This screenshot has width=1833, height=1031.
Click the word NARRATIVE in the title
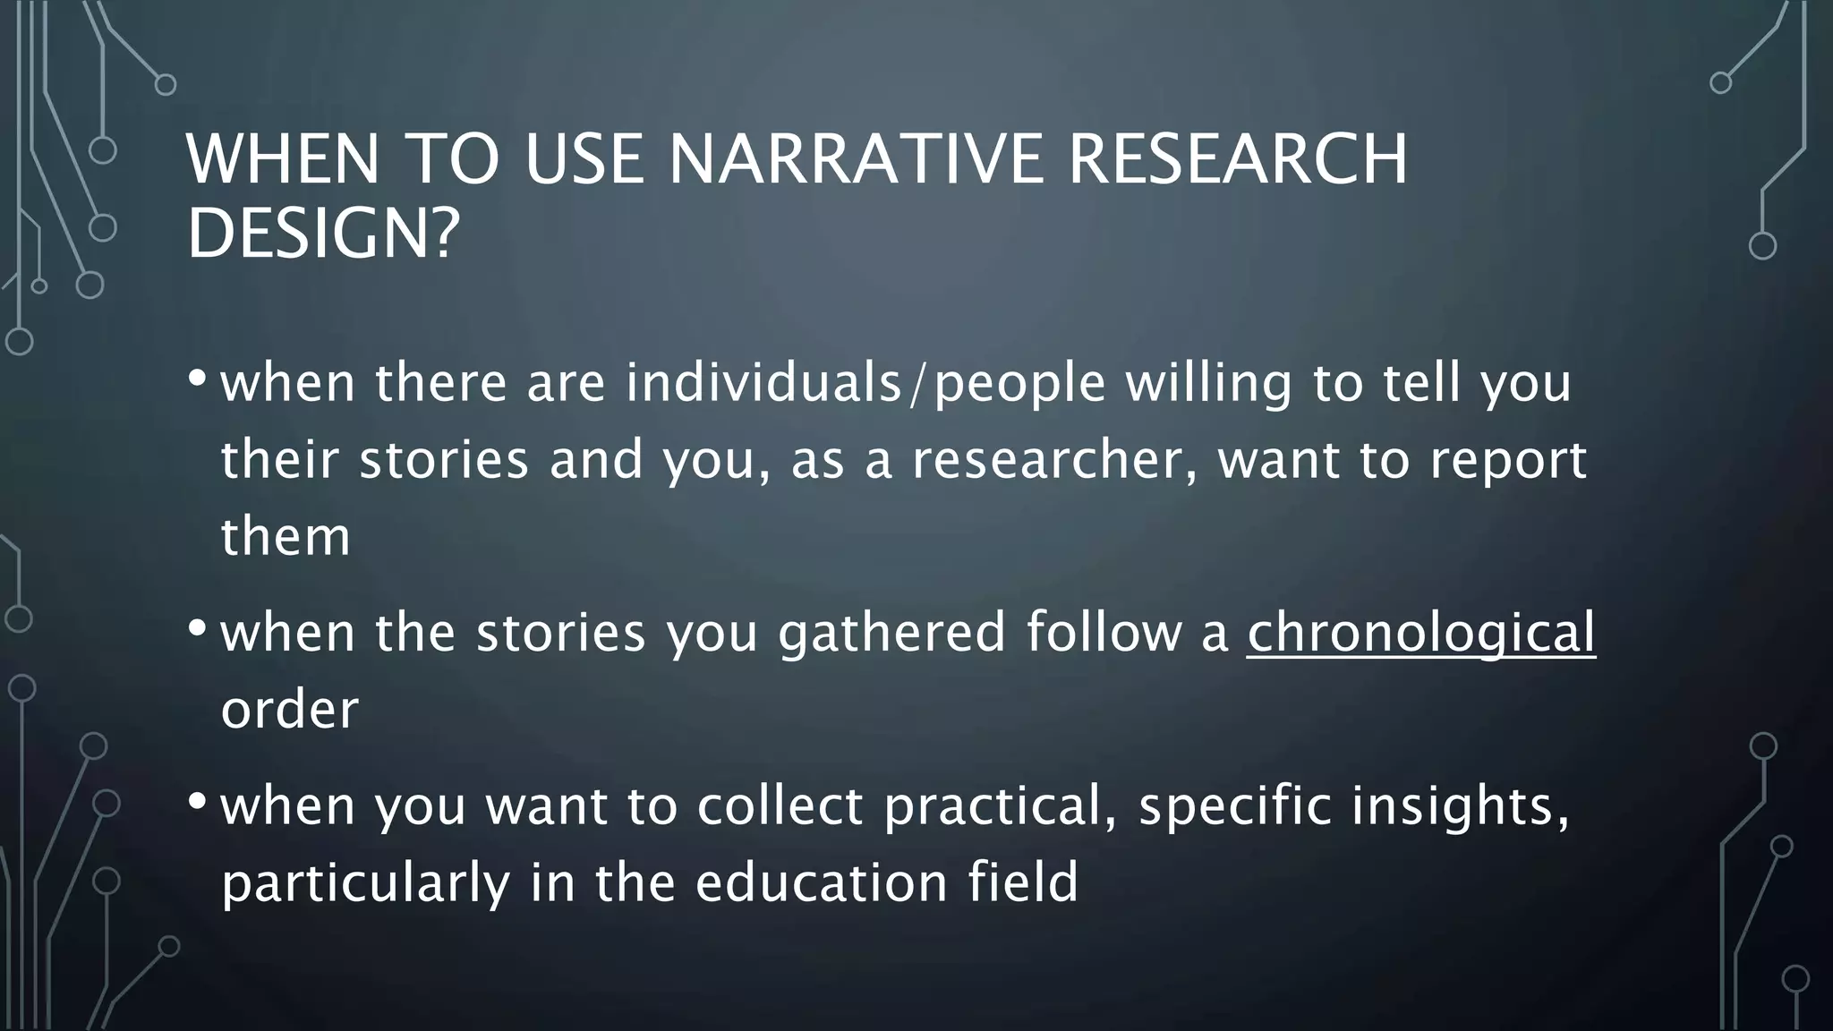pos(856,159)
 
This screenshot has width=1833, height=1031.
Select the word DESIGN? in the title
pos(322,234)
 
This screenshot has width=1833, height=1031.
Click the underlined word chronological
pos(1420,633)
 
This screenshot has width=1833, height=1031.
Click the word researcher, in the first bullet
pos(1054,460)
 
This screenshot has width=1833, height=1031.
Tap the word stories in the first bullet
pos(444,460)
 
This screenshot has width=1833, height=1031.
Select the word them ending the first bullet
pos(286,537)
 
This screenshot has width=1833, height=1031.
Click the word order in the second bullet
pos(289,710)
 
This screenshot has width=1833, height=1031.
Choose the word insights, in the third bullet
pos(1460,805)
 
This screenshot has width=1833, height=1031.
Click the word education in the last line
pos(821,882)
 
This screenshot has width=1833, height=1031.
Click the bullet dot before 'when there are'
pos(197,379)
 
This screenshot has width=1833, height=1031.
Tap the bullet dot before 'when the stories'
pos(197,629)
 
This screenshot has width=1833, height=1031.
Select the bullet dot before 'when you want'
pos(197,802)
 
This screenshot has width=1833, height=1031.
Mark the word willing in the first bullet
pos(1208,383)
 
